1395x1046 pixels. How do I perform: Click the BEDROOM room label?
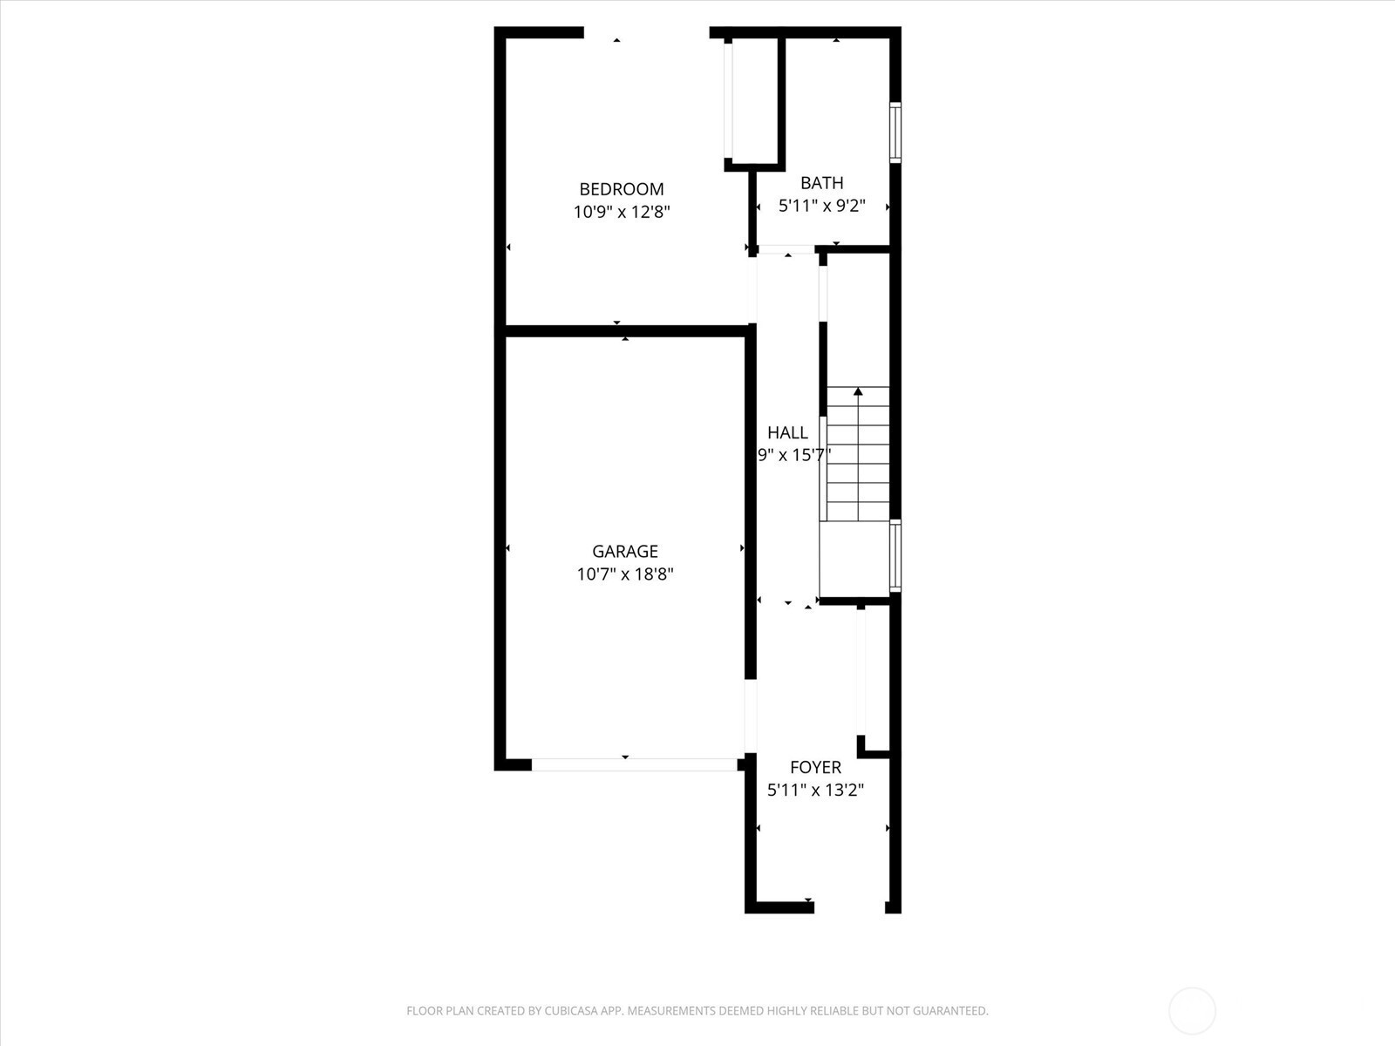622,189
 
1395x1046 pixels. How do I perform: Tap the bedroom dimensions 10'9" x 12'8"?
622,212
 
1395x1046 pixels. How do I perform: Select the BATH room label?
822,183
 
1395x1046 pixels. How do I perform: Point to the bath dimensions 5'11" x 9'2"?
822,206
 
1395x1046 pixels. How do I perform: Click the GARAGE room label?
625,551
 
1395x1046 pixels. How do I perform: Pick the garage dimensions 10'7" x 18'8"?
625,574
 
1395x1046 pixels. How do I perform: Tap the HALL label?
787,432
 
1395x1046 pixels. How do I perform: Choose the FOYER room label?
815,767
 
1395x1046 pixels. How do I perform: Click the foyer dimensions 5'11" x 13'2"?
815,790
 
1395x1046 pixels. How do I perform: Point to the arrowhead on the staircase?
858,391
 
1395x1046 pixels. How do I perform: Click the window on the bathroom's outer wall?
895,132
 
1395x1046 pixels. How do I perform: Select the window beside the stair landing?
895,556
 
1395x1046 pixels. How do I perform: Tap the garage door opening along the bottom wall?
634,764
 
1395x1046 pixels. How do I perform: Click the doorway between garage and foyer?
751,716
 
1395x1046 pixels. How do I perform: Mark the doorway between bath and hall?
786,249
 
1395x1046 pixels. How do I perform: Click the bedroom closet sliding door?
728,101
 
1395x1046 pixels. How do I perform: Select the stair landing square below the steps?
854,559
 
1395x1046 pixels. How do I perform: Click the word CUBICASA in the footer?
572,1010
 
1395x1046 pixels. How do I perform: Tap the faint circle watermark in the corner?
1192,988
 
